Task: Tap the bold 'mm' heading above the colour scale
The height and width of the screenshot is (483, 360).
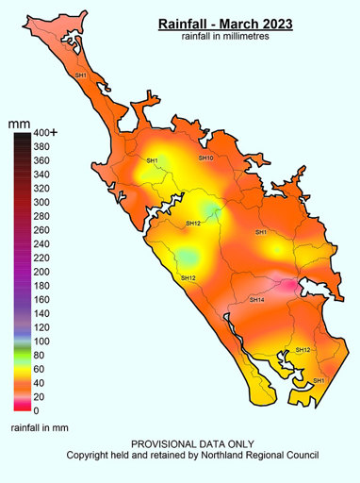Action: click(x=19, y=124)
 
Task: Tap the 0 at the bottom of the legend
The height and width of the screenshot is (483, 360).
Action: click(x=37, y=410)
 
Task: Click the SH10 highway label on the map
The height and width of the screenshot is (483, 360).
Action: click(x=205, y=158)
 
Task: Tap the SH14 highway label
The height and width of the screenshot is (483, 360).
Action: click(x=255, y=299)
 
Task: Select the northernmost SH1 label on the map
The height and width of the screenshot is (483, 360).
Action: click(x=80, y=75)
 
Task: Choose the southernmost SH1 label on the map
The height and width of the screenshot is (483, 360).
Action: click(x=319, y=380)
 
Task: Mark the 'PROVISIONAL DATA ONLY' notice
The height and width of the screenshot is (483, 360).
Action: click(x=192, y=444)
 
